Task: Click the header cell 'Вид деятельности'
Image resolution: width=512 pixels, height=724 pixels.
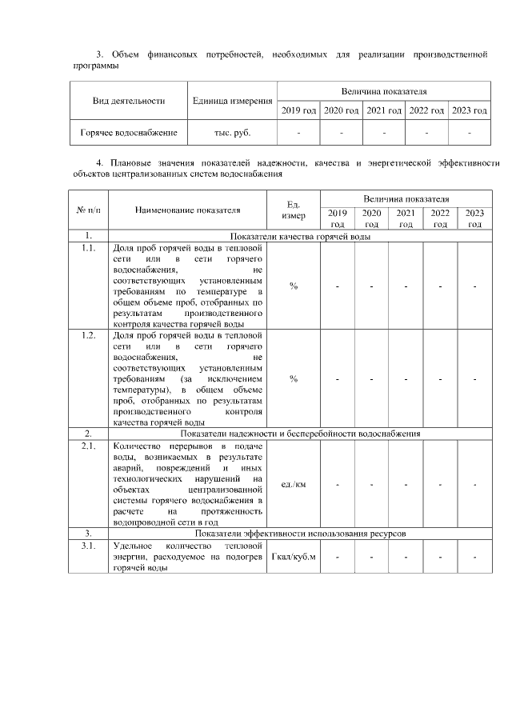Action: [x=129, y=101]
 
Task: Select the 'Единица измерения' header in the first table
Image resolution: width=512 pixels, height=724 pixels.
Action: [x=232, y=101]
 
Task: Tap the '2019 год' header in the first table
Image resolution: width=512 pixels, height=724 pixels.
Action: [x=298, y=110]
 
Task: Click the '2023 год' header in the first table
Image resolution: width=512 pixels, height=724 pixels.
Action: [x=470, y=110]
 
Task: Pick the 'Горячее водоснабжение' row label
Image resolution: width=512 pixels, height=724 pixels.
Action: [x=129, y=131]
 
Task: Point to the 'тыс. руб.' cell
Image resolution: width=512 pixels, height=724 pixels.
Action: [x=232, y=131]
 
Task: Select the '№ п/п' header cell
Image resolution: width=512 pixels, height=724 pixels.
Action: [x=89, y=210]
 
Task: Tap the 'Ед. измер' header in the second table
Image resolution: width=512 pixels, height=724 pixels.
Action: [x=294, y=210]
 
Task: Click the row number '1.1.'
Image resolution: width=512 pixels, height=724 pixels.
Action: [x=89, y=248]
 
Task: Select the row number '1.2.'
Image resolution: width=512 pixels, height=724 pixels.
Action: [x=89, y=335]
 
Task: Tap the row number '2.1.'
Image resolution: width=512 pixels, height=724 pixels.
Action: [x=89, y=445]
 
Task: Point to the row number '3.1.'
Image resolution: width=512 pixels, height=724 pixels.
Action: [x=89, y=544]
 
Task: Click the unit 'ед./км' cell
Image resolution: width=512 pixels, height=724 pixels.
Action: [x=294, y=484]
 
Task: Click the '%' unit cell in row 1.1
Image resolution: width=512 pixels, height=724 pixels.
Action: [x=294, y=286]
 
